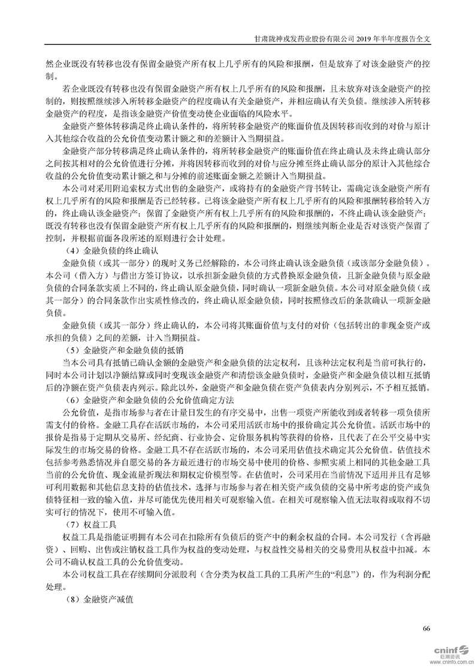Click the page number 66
click(426, 628)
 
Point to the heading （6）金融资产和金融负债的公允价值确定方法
click(148, 399)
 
